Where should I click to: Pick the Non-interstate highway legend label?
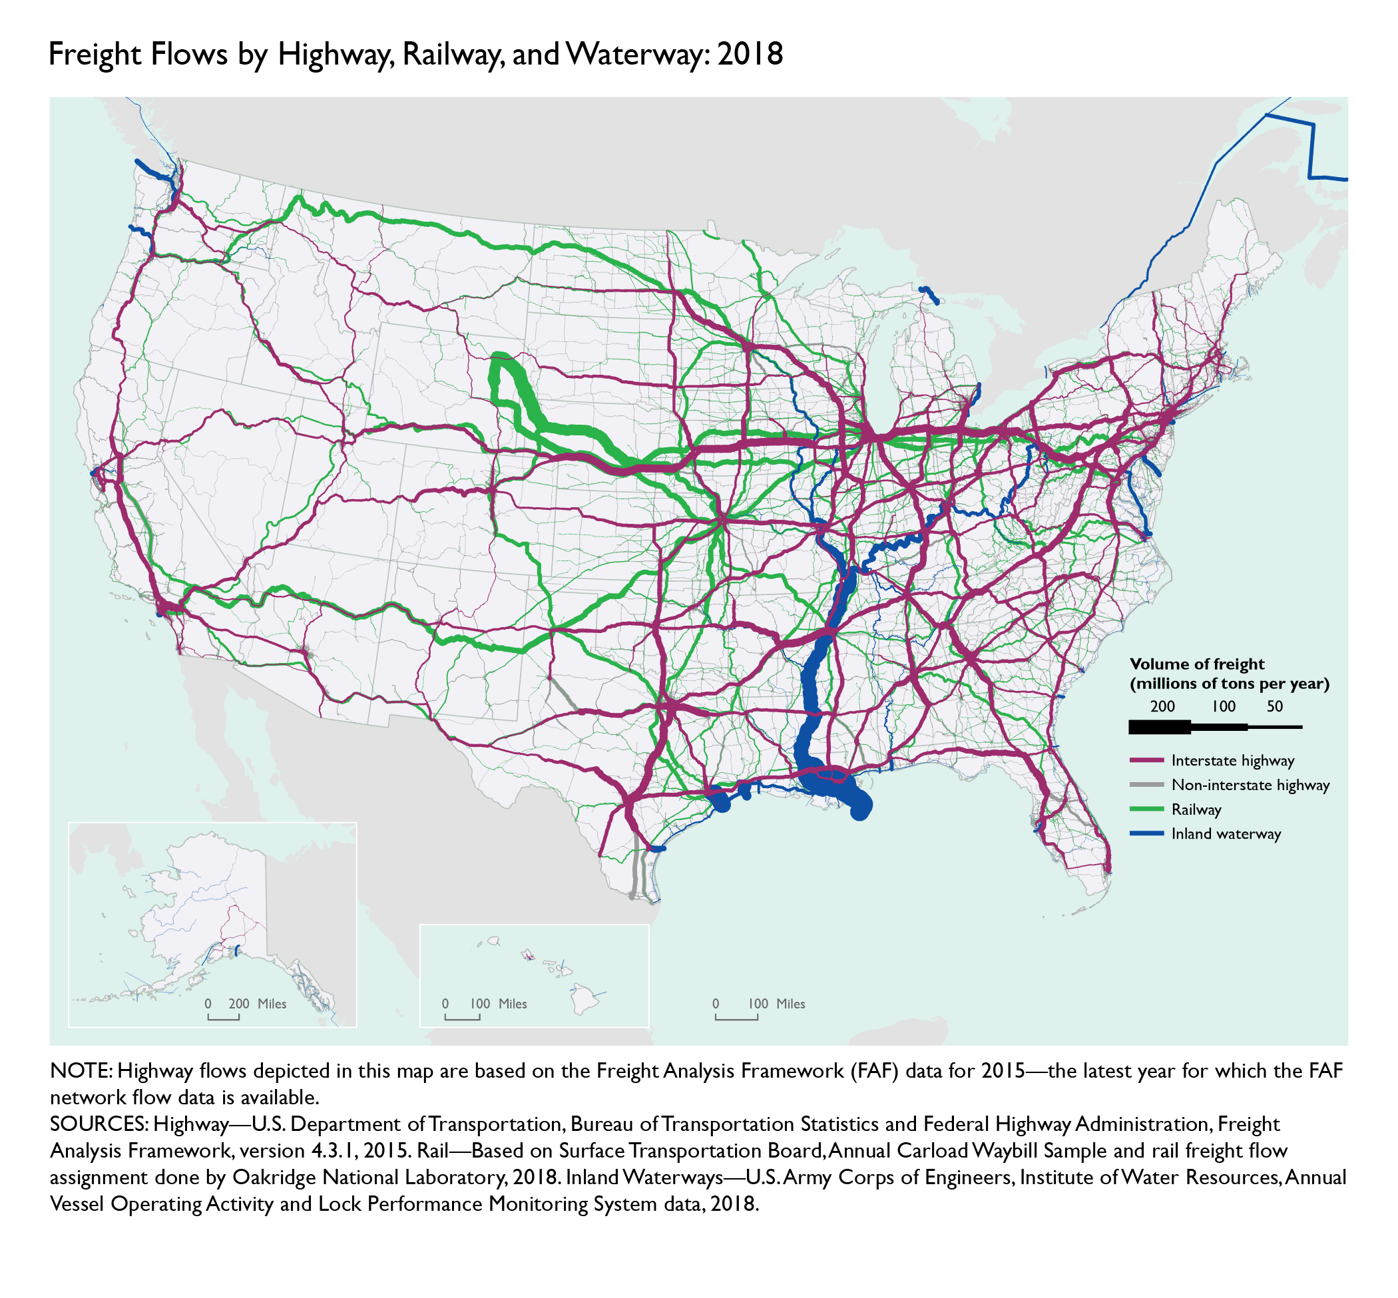1250,785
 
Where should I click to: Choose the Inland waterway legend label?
1226,834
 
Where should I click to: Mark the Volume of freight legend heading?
1196,664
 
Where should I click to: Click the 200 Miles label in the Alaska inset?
257,1004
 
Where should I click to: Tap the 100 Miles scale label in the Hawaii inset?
498,1004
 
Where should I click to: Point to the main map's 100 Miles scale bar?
736,1016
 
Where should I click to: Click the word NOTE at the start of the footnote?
81,1071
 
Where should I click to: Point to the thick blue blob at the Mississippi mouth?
860,807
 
